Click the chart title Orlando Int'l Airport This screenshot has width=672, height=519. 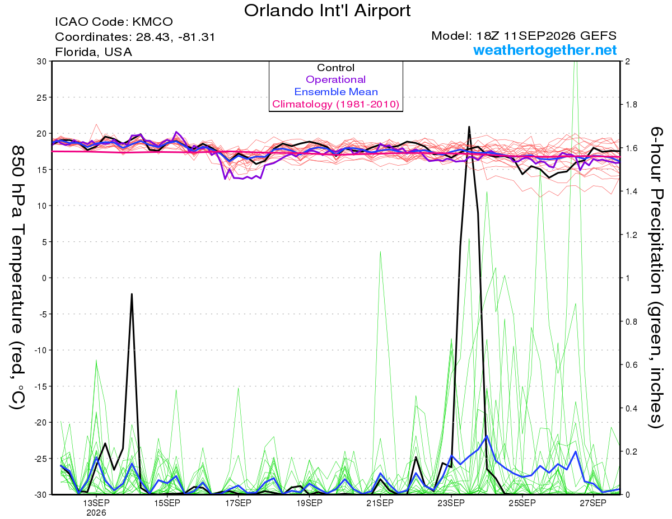327,11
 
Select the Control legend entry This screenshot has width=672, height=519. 335,68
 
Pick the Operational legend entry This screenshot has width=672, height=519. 335,80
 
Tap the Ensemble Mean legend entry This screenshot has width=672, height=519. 336,92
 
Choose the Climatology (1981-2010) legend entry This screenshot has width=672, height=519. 336,104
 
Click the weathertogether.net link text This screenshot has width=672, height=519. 545,50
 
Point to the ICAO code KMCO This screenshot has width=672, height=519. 152,22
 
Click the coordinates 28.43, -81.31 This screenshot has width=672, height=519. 175,37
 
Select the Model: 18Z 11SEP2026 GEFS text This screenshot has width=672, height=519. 524,36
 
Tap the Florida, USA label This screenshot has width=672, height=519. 94,52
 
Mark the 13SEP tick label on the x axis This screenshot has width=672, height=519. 96,503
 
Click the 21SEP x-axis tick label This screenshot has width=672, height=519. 380,503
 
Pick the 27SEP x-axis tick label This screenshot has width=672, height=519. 593,503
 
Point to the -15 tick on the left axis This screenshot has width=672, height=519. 40,386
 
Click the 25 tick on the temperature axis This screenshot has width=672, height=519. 42,97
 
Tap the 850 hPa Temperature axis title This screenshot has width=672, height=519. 17,278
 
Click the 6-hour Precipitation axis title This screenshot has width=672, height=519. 656,277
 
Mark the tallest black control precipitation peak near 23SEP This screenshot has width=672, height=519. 469,127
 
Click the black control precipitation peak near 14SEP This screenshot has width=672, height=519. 132,294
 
